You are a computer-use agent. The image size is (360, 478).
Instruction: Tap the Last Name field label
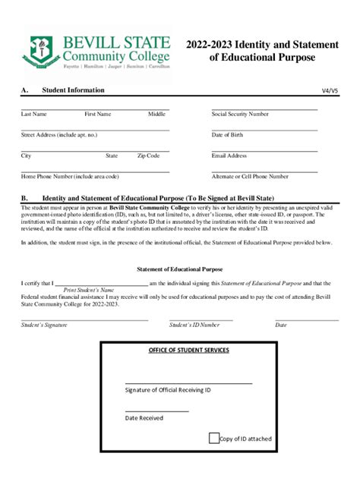(x=34, y=114)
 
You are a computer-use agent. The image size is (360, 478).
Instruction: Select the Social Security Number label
(x=239, y=114)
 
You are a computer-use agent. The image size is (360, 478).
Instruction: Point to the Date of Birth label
(x=227, y=135)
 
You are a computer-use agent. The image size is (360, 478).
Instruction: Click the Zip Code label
(x=148, y=156)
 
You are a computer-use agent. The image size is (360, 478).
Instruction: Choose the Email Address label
(x=229, y=156)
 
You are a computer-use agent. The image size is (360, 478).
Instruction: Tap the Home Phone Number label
(x=70, y=176)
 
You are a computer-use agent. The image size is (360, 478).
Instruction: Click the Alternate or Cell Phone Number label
(x=250, y=176)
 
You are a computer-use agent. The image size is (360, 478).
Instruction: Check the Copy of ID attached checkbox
(x=213, y=438)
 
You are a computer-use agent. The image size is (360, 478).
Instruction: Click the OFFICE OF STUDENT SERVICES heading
(x=188, y=351)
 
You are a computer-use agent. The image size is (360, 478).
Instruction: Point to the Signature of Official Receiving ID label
(x=168, y=389)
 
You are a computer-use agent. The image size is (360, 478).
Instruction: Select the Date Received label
(x=144, y=417)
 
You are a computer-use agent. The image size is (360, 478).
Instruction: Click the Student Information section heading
(x=73, y=90)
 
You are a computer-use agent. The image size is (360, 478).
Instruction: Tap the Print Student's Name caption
(x=88, y=289)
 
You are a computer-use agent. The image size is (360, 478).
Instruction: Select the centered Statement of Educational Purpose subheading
(x=179, y=269)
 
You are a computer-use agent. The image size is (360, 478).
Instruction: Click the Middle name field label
(x=156, y=114)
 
